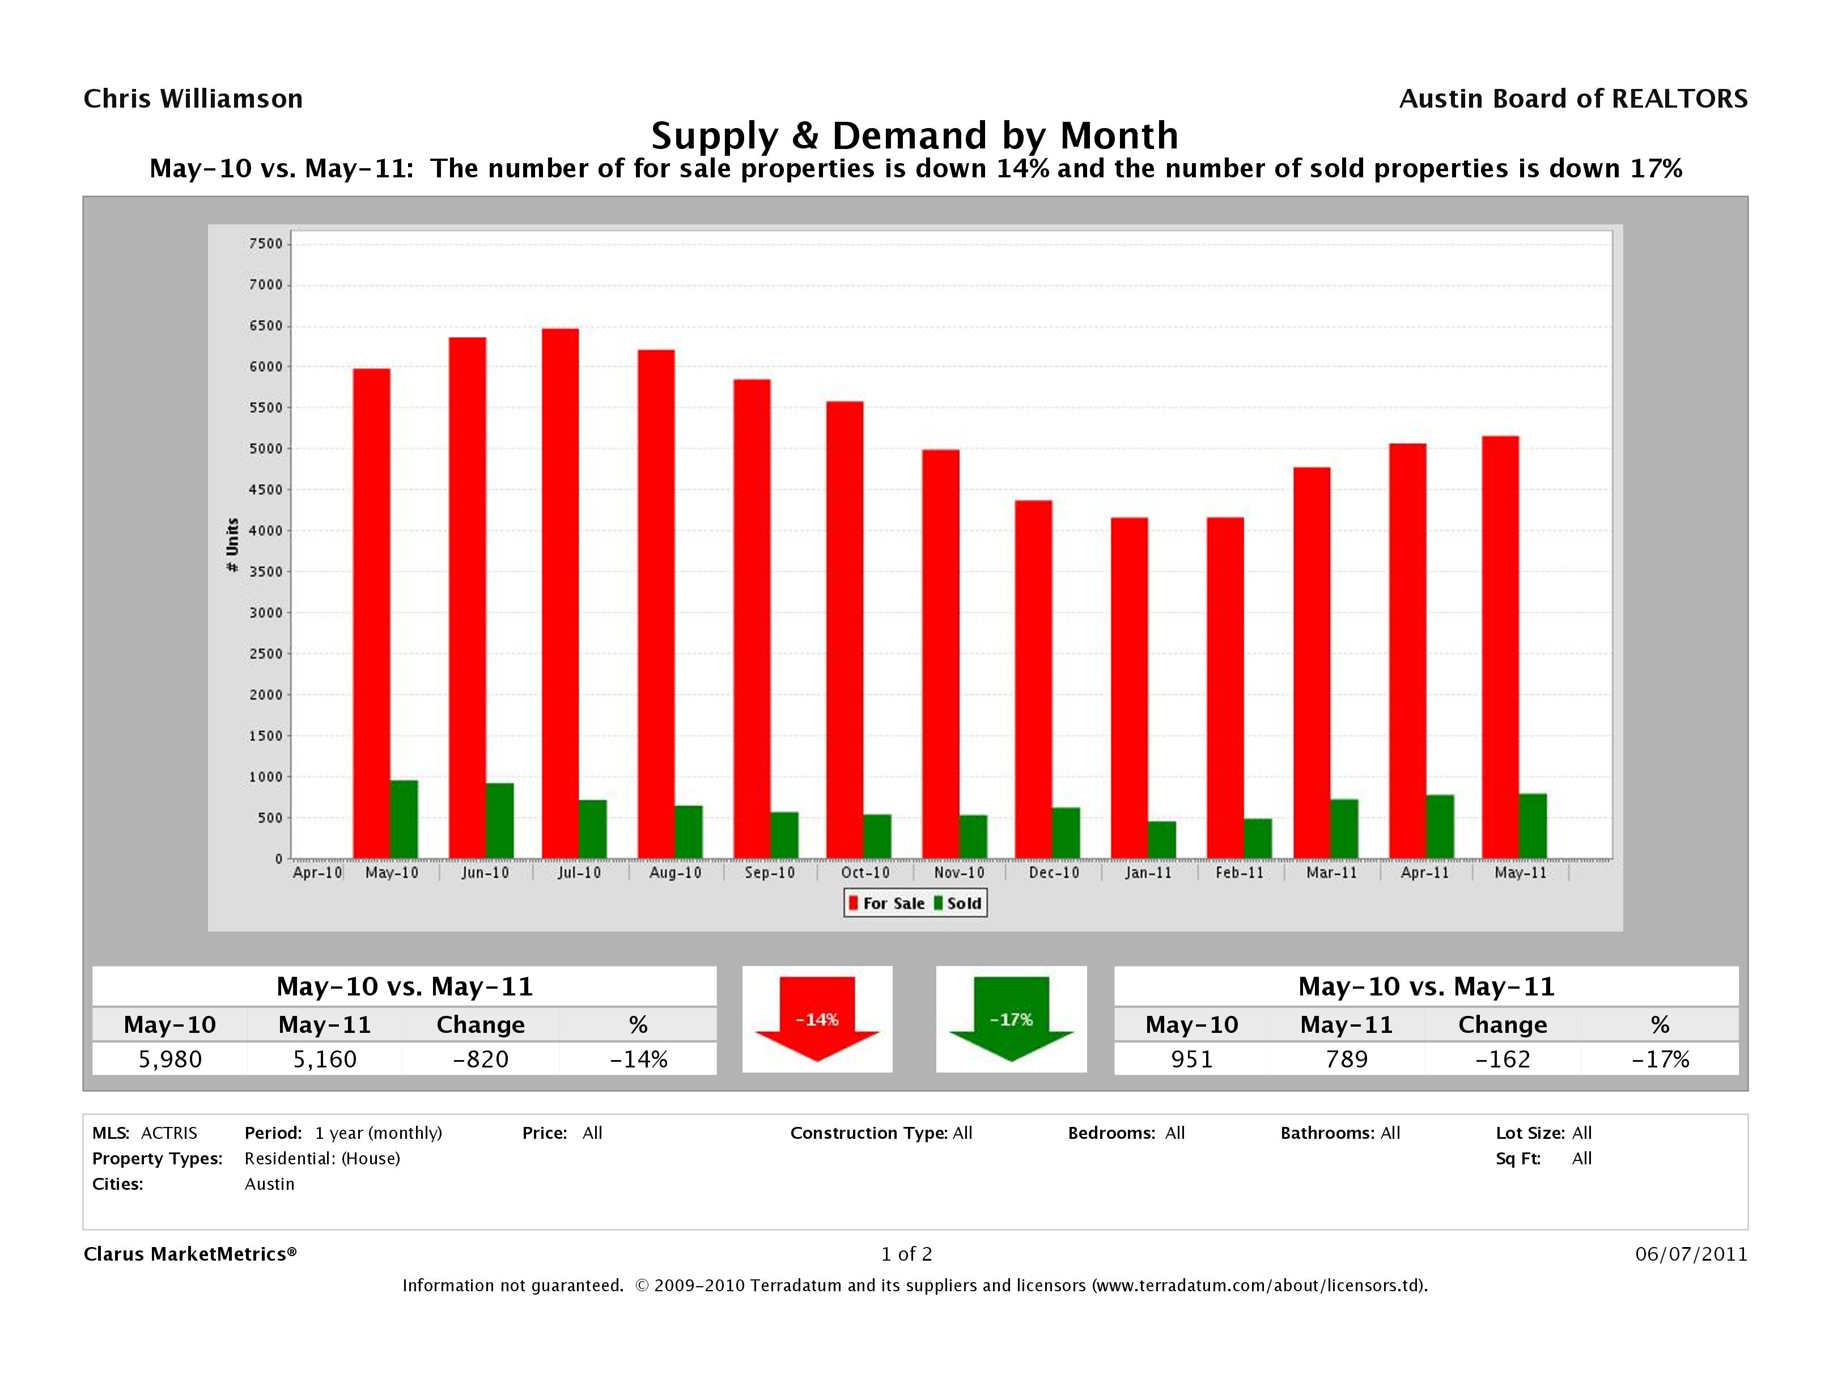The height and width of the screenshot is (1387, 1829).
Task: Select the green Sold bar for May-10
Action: pos(404,819)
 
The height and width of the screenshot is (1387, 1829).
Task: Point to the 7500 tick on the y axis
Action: pos(265,244)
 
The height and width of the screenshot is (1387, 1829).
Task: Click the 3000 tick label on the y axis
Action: pos(265,612)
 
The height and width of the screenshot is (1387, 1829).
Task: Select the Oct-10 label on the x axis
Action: pos(865,873)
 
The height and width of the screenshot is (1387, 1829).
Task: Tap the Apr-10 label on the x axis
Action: pos(317,873)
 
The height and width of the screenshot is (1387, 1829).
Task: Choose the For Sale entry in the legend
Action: pos(886,904)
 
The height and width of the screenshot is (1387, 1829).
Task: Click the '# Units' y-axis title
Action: pos(232,546)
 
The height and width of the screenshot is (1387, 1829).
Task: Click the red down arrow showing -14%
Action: pos(817,1019)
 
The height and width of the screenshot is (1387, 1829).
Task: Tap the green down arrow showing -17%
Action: pos(1011,1019)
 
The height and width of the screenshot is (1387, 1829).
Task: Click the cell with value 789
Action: pos(1346,1059)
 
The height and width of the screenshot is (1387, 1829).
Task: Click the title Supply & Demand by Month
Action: pos(915,135)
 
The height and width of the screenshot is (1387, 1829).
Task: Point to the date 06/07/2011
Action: pos(1691,1254)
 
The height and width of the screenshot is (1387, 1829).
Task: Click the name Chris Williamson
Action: pos(193,99)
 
